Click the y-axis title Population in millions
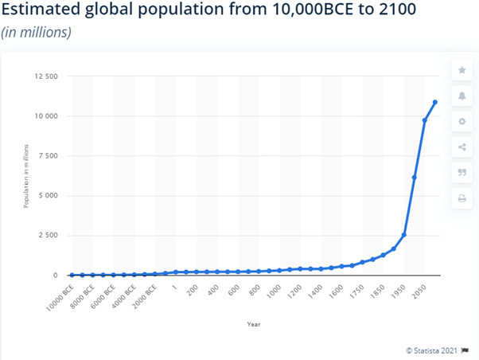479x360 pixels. pyautogui.click(x=26, y=176)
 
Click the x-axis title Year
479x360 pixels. pyautogui.click(x=253, y=324)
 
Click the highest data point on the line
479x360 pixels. pyautogui.click(x=435, y=102)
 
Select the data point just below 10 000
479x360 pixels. pyautogui.click(x=425, y=120)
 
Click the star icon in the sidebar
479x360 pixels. pyautogui.click(x=461, y=71)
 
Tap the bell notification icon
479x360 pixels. pyautogui.click(x=461, y=96)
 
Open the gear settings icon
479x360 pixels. pyautogui.click(x=461, y=122)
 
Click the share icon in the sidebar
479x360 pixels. pyautogui.click(x=461, y=147)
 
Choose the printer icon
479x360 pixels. pyautogui.click(x=461, y=198)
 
